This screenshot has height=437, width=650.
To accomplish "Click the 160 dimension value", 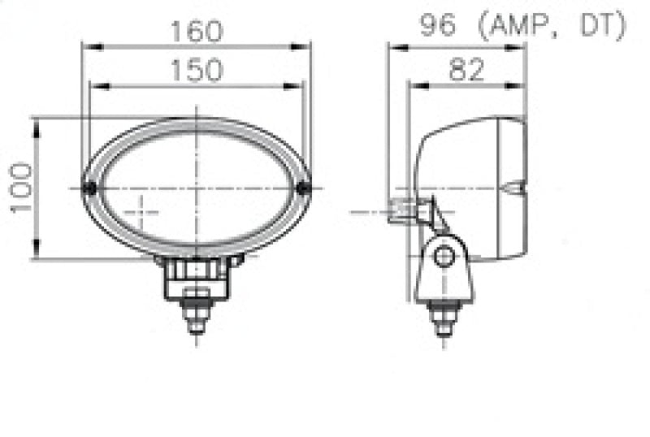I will tap(196, 32).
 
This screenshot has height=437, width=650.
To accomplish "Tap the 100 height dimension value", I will tap(22, 188).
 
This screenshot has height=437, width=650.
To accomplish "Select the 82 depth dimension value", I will tap(466, 70).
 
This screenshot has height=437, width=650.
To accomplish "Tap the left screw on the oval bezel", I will tap(89, 188).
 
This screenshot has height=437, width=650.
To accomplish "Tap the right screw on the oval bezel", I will tap(304, 188).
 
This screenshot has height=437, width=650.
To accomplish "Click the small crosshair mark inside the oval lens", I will tap(141, 213).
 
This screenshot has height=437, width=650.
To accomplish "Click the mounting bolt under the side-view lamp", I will tap(444, 316).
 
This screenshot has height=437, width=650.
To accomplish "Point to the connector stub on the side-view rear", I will tap(401, 210).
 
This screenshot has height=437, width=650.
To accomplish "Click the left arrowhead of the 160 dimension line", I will tap(85, 46).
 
